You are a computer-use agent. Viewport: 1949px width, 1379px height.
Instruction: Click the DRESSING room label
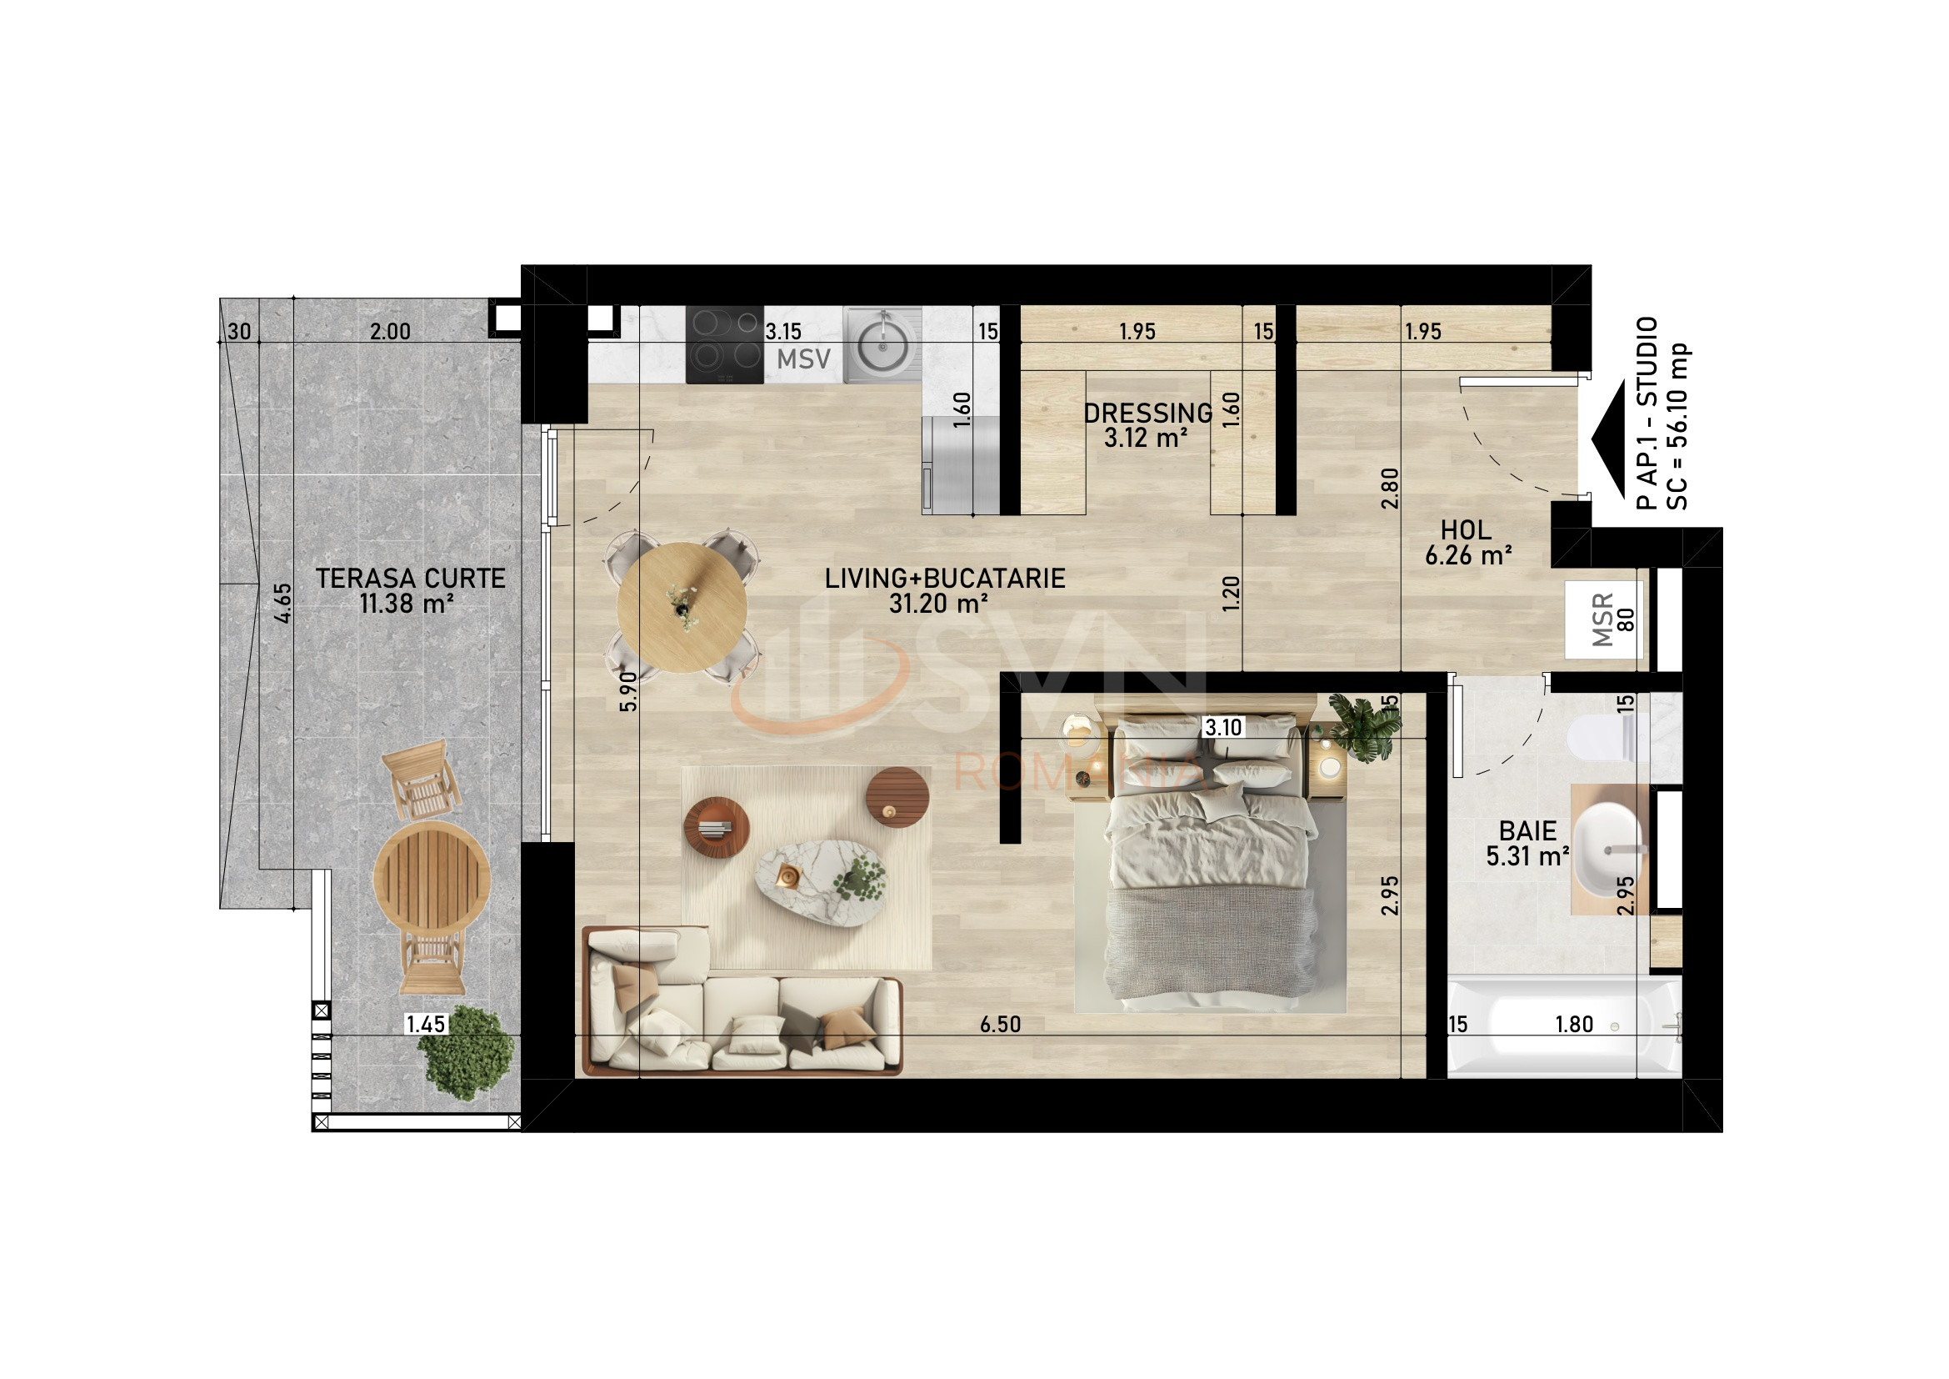coord(1147,414)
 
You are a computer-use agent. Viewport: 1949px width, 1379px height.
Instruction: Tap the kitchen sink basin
coord(882,348)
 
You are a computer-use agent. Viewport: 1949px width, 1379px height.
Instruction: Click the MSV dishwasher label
coord(803,360)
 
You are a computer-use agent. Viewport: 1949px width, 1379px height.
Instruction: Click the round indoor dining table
coord(682,607)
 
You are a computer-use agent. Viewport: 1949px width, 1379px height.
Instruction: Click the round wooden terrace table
coord(432,877)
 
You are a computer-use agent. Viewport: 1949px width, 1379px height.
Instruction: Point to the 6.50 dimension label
coord(1000,1025)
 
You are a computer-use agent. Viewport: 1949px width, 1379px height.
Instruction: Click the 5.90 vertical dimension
coord(627,691)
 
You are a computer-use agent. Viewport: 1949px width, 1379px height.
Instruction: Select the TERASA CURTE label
coord(411,579)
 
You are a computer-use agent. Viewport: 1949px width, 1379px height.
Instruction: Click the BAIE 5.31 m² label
coord(1528,843)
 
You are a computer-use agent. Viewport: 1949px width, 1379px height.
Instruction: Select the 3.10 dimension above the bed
coord(1223,727)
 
